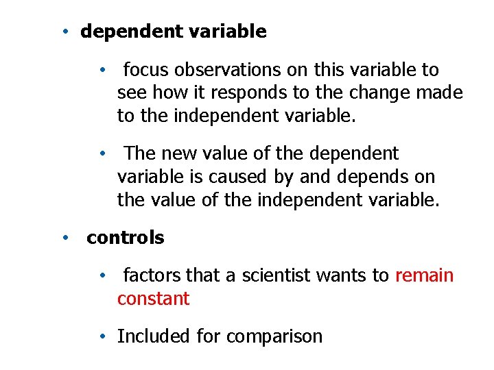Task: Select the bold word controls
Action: point(126,238)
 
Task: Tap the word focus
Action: point(146,70)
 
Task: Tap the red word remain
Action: point(425,275)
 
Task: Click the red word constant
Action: point(153,299)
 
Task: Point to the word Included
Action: point(154,336)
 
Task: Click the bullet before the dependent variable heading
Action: point(62,32)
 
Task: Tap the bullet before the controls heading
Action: point(63,238)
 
